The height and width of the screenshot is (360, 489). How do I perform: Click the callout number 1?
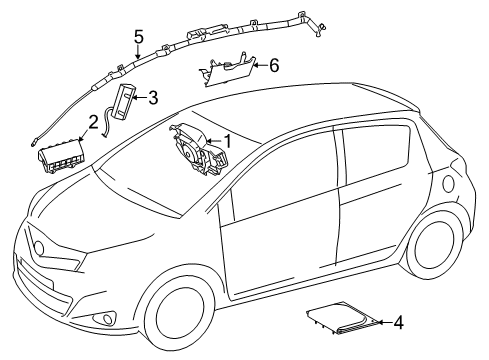coord(228,141)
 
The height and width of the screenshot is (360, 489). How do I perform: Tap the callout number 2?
coord(93,122)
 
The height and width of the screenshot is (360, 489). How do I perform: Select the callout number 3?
coord(153,98)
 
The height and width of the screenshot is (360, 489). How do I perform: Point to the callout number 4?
coord(398,322)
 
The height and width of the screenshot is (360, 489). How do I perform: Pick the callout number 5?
coord(139,37)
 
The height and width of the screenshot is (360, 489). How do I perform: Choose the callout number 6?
coord(274,65)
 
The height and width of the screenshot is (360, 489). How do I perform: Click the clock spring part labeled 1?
coord(197,149)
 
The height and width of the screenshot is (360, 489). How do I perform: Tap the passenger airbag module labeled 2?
coord(61,156)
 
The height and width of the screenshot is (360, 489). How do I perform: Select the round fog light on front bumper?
coord(108,318)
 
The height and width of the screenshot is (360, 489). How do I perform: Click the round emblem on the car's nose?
coord(39,248)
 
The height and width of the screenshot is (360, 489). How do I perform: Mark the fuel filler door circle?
coord(448,184)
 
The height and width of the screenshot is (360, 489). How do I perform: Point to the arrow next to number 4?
coord(385,322)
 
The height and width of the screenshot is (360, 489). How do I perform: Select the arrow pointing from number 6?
coord(261,65)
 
